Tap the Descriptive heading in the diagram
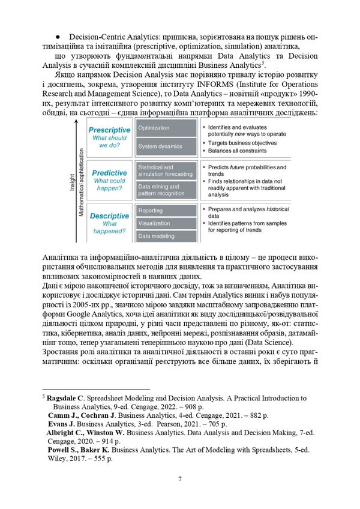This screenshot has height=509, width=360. point(109,215)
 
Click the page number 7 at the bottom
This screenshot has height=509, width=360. point(180,478)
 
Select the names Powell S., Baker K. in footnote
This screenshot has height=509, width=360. point(82,448)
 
